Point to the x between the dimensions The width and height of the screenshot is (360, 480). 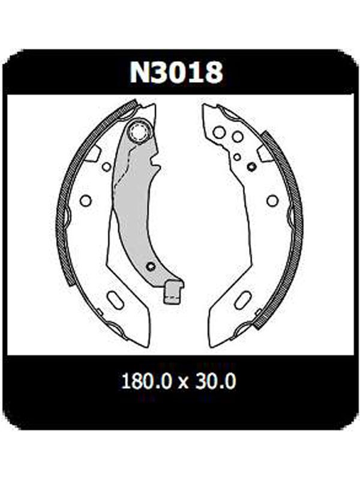[x=183, y=383]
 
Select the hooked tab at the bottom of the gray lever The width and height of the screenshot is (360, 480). [x=173, y=292]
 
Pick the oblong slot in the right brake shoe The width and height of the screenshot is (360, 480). [x=243, y=301]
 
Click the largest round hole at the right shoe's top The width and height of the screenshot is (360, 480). [x=219, y=133]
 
